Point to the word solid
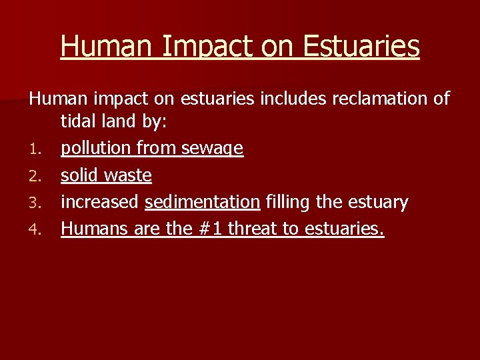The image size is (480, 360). (79, 176)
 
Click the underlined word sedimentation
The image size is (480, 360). (202, 203)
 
